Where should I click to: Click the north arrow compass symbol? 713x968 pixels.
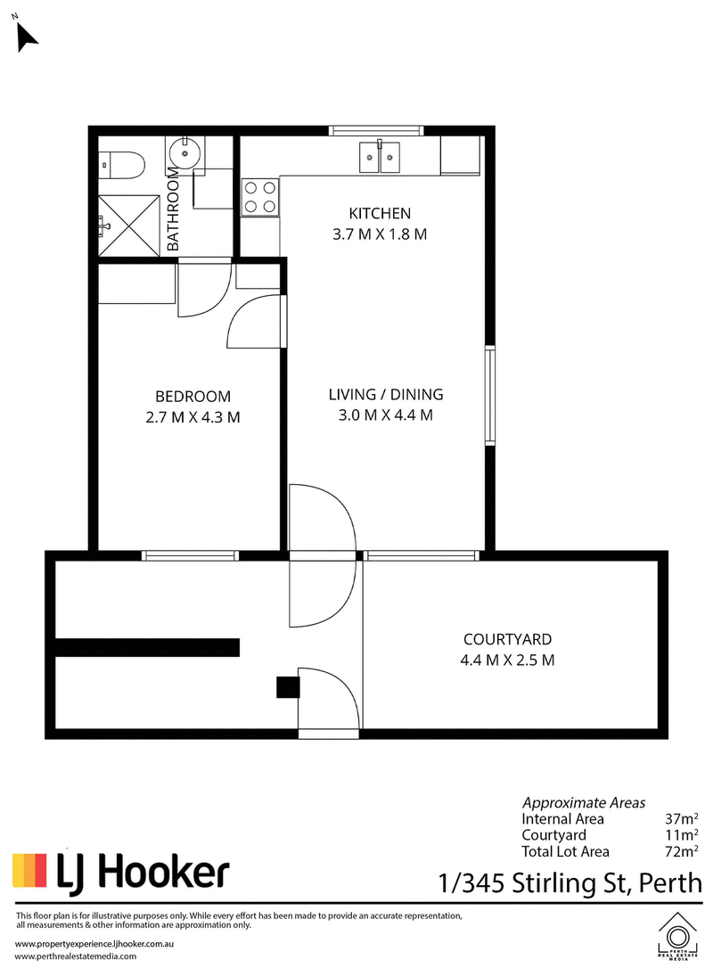[x=26, y=37]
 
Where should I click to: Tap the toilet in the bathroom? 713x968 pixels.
[x=122, y=164]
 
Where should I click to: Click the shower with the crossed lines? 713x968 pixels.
[x=129, y=226]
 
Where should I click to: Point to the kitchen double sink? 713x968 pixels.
[x=381, y=157]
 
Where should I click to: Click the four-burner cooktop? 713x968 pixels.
[x=260, y=196]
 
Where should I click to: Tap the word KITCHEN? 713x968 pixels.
[x=380, y=214]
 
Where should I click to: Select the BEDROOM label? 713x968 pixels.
[x=193, y=397]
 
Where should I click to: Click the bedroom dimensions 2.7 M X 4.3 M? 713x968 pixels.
[x=193, y=417]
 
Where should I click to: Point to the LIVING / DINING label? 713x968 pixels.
[x=386, y=395]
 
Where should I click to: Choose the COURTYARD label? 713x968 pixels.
[x=507, y=639]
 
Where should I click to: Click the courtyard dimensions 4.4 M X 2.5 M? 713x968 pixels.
[x=507, y=660]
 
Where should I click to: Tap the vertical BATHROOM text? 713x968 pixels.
[x=174, y=209]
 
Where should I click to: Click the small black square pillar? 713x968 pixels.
[x=288, y=687]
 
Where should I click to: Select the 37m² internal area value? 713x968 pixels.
[x=682, y=818]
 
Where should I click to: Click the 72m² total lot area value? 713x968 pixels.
[x=682, y=851]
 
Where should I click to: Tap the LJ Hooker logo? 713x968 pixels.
[x=121, y=873]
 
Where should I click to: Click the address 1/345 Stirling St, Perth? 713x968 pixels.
[x=570, y=883]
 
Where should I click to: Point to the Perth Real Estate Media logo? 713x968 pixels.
[x=677, y=936]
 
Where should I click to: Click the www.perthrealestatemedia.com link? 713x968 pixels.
[x=76, y=956]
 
